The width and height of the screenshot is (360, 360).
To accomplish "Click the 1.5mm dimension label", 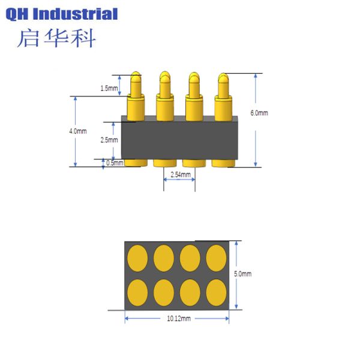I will coord(109,89).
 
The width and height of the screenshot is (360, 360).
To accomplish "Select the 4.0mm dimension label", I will coord(78,131).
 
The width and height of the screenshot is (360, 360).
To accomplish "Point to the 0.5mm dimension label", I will coord(114,163).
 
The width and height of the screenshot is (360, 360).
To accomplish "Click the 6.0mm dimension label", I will coord(259,113).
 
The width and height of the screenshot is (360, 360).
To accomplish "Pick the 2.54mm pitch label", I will coord(181,175).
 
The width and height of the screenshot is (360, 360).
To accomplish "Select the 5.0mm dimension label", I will coord(242,274).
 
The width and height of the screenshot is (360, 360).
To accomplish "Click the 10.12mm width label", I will coord(178,319).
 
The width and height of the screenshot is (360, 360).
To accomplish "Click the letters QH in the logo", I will coord(20,14).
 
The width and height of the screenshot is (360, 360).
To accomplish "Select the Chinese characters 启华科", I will coord(56,38).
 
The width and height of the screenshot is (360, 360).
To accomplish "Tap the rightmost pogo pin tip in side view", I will coord(223,78).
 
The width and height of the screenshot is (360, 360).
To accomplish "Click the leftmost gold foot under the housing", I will coord(136,163).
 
